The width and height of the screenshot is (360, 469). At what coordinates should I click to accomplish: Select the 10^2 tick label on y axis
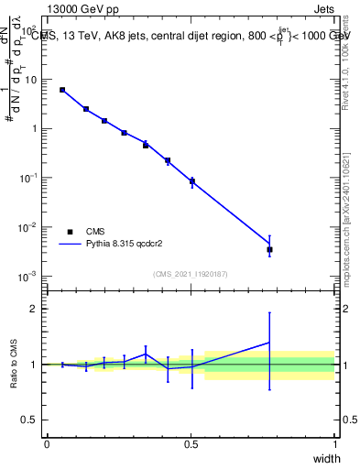click(x=28, y=29)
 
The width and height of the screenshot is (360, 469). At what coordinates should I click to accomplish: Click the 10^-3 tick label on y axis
click(x=28, y=276)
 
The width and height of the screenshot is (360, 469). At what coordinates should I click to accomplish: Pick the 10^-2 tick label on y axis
click(x=28, y=227)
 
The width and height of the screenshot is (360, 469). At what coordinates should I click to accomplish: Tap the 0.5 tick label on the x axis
click(x=191, y=443)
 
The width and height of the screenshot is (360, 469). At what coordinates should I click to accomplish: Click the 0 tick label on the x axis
click(x=47, y=443)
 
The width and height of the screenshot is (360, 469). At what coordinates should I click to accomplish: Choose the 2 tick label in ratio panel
click(x=34, y=309)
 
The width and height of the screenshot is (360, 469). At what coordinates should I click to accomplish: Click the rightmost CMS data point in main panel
click(x=269, y=249)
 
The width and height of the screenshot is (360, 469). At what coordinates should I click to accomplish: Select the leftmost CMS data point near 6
click(x=62, y=90)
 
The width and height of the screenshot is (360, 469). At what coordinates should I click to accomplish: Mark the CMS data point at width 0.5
click(x=192, y=181)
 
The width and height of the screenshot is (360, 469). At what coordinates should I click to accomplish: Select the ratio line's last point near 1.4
click(x=269, y=342)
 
